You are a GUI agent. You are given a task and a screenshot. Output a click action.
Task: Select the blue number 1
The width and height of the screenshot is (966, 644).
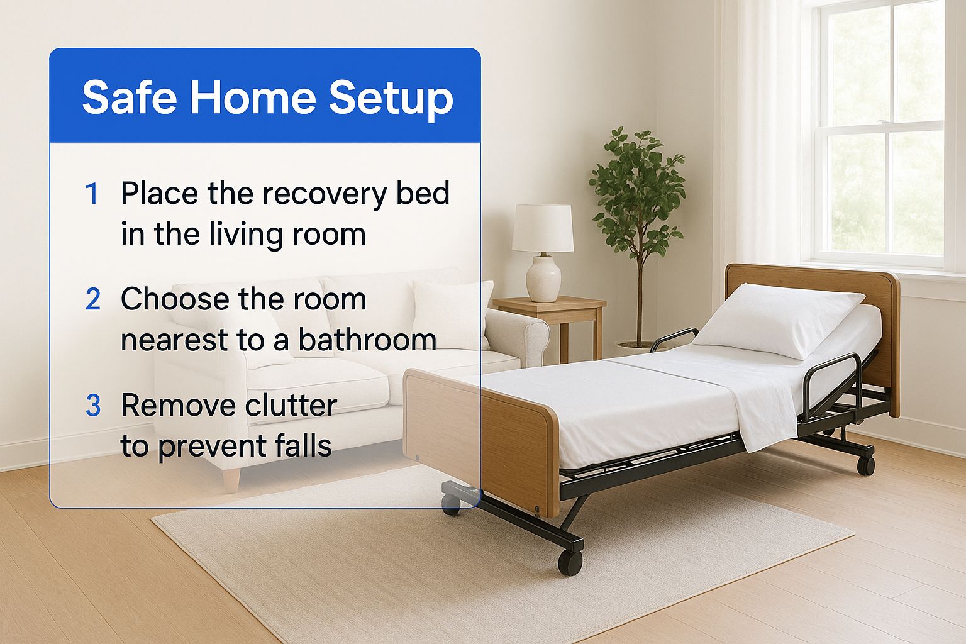[92, 193]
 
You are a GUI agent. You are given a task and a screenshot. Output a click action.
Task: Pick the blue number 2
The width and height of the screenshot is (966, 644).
[93, 299]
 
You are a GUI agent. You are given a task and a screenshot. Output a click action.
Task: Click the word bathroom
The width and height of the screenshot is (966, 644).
[367, 340]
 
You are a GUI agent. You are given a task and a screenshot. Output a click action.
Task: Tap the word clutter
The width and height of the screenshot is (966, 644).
[291, 405]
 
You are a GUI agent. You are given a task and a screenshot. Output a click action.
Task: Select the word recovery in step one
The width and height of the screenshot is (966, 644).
[325, 194]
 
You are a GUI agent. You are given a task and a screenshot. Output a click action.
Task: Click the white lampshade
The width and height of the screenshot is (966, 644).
[543, 228]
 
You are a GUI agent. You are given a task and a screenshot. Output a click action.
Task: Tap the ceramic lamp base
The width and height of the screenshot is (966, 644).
[543, 277]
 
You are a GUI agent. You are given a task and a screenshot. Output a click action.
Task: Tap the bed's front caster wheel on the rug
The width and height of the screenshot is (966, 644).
[570, 562]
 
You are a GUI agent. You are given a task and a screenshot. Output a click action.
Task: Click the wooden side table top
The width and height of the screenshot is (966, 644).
[550, 304]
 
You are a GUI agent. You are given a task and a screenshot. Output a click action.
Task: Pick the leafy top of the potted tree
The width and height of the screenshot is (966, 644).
[637, 190]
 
